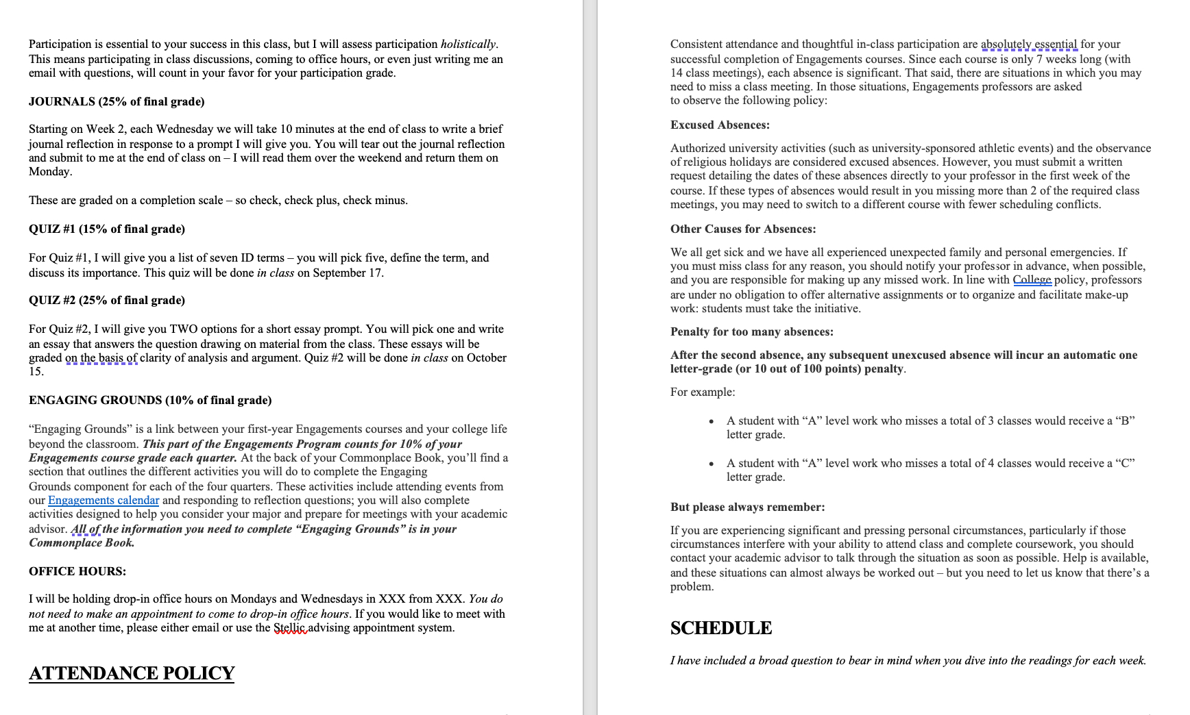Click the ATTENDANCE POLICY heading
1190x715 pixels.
[132, 673]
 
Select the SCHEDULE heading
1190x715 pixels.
[720, 628]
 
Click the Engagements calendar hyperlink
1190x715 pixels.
[104, 500]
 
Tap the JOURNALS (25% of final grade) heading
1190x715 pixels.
[117, 101]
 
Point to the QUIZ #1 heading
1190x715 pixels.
[107, 229]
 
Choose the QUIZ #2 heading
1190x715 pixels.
[107, 300]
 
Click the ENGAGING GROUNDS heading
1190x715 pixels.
[150, 400]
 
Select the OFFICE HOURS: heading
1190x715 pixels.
[77, 571]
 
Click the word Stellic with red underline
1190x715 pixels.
[290, 627]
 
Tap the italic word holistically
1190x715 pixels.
[468, 44]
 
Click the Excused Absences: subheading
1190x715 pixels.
[720, 125]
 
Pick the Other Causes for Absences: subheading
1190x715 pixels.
[743, 229]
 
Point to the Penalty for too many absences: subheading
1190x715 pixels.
[752, 331]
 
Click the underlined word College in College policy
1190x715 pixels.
[1032, 279]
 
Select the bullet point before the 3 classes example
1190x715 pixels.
[712, 421]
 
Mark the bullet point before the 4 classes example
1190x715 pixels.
[712, 464]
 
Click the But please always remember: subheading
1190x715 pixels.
[747, 507]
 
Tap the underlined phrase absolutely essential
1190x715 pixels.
[1029, 44]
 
